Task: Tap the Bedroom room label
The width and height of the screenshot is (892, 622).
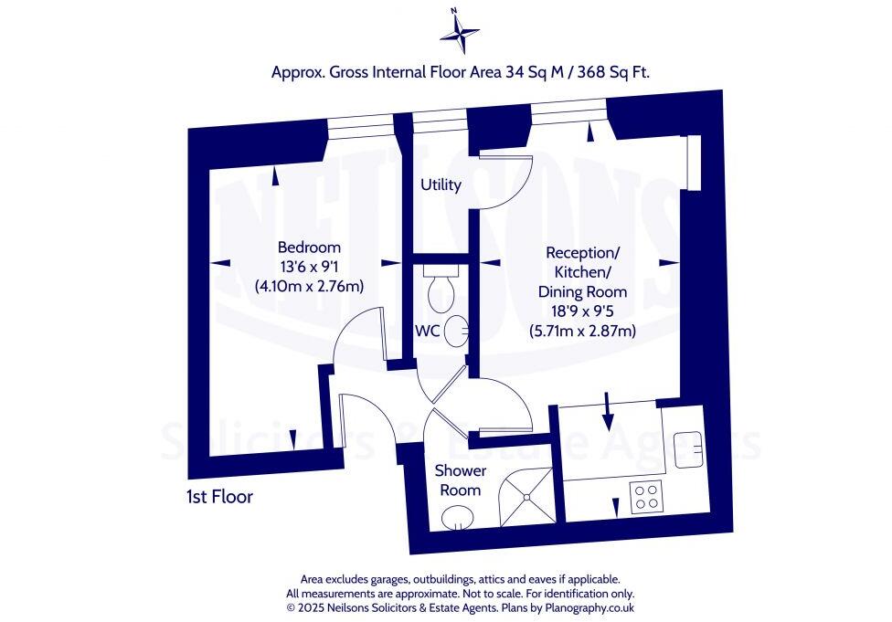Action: click(309, 248)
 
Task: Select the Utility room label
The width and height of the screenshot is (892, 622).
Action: click(441, 185)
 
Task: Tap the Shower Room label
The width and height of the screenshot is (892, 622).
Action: click(460, 480)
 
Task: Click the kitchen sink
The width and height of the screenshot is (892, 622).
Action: click(687, 448)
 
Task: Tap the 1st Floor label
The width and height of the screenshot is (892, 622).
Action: click(218, 498)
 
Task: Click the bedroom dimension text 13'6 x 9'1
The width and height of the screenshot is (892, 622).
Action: click(309, 267)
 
